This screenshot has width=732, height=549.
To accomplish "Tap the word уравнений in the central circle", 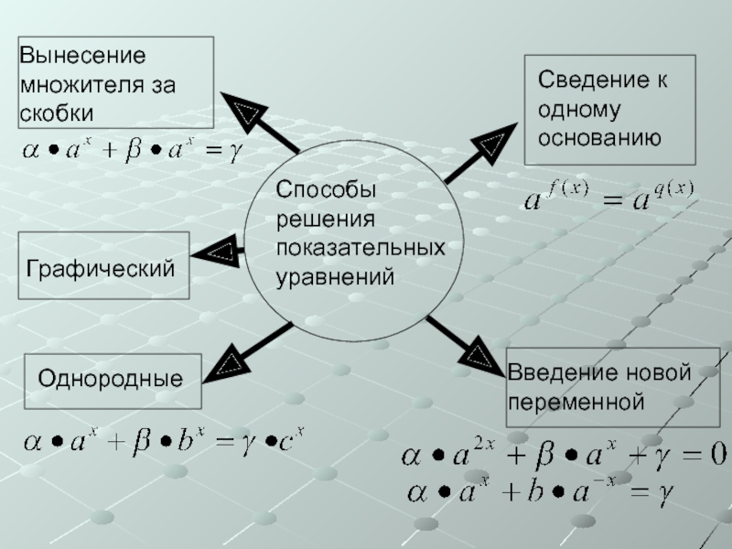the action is (335, 275).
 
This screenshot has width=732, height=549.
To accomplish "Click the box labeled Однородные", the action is (110, 380).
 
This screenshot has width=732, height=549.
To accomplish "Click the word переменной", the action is (577, 402).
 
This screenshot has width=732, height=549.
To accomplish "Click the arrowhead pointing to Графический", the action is (221, 251).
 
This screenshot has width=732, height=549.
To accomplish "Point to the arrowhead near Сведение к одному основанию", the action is (491, 142).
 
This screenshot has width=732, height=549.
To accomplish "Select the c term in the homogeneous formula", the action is (289, 443).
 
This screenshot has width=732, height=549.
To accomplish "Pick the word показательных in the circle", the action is (361, 248).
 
